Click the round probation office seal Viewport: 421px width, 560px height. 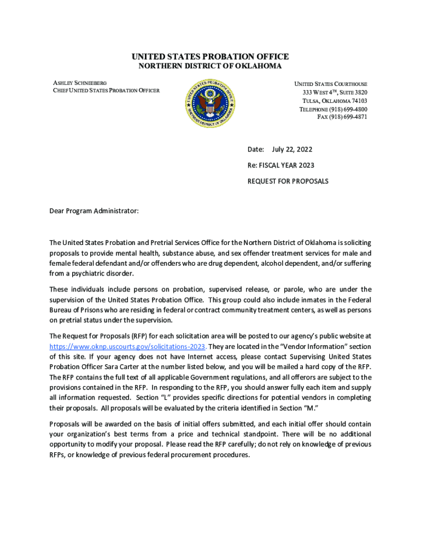click(x=210, y=102)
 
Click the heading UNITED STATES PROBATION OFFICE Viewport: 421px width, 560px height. click(x=210, y=57)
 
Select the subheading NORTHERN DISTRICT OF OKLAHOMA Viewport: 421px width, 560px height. click(x=210, y=66)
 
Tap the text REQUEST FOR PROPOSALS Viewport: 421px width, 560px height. click(x=288, y=181)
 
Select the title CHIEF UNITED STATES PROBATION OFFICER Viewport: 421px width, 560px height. click(x=106, y=90)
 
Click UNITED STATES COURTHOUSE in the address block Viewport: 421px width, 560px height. click(x=331, y=84)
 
